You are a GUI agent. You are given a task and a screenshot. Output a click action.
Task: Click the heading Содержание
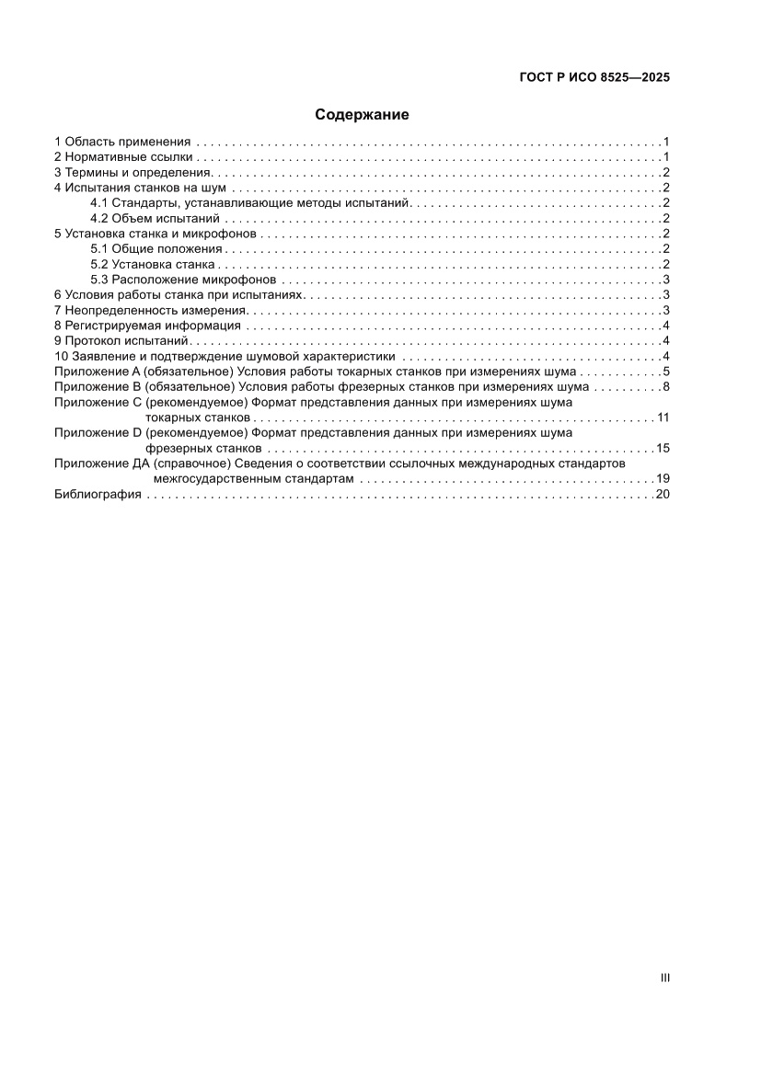pyautogui.click(x=362, y=115)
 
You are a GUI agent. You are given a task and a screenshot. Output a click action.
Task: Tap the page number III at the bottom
pyautogui.click(x=664, y=978)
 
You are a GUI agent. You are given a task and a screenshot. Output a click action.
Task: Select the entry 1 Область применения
pyautogui.click(x=122, y=142)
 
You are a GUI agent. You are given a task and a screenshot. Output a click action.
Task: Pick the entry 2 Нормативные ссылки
pyautogui.click(x=123, y=157)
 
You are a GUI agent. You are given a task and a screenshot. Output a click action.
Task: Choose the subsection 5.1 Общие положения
pyautogui.click(x=156, y=248)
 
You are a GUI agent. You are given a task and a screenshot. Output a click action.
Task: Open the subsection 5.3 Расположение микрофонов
pyautogui.click(x=183, y=280)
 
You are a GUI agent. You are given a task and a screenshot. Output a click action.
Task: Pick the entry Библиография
pyautogui.click(x=98, y=494)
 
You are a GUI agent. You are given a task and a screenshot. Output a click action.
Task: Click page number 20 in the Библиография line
pyautogui.click(x=663, y=494)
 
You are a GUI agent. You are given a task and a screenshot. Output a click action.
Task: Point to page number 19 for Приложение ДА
pyautogui.click(x=663, y=479)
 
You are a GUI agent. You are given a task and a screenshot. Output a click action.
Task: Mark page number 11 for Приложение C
pyautogui.click(x=663, y=417)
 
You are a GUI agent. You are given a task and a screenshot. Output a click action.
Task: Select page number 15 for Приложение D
pyautogui.click(x=663, y=448)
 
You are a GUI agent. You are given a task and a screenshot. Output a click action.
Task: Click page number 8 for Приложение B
pyautogui.click(x=665, y=386)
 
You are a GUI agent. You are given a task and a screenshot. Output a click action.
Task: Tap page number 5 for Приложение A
pyautogui.click(x=665, y=372)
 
